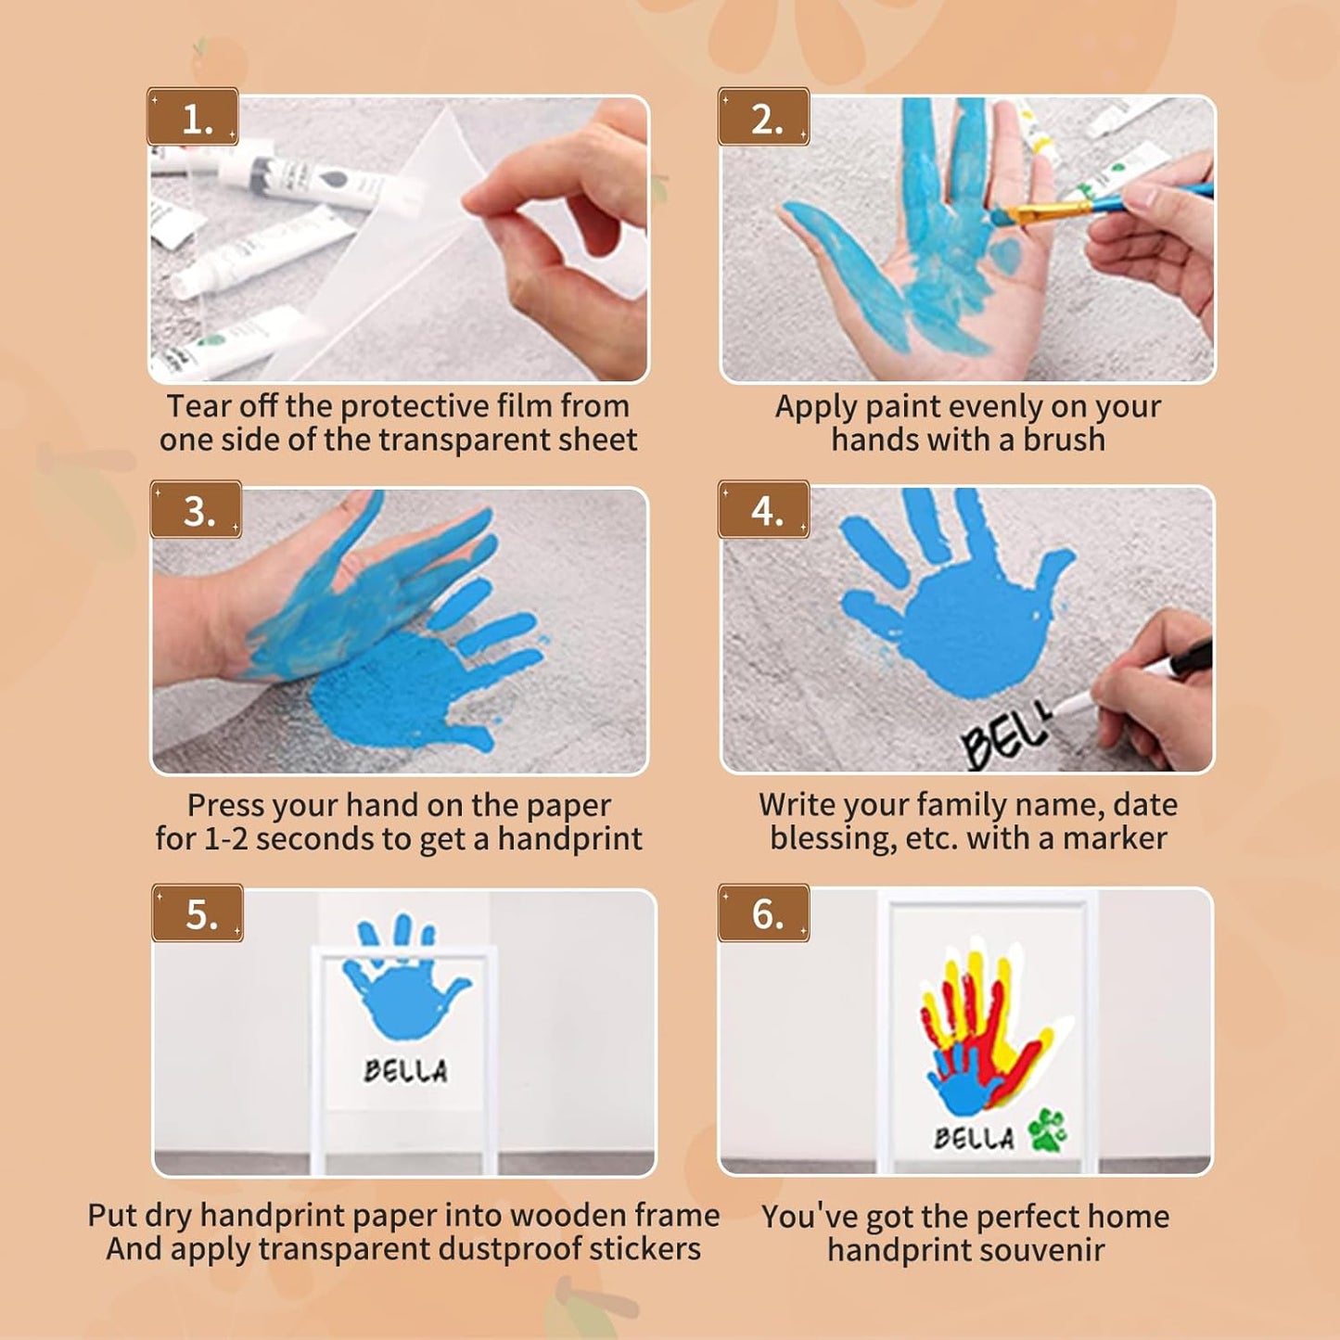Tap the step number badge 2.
click(764, 118)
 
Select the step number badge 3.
click(196, 510)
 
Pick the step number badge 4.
click(764, 510)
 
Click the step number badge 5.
click(198, 913)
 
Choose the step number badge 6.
click(764, 913)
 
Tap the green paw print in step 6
click(1046, 1129)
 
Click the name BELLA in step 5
click(405, 1071)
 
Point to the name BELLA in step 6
click(974, 1138)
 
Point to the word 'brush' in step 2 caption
click(1064, 440)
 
